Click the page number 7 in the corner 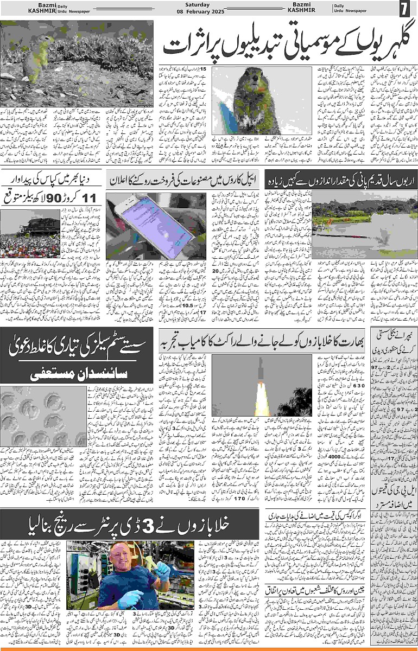tap(404, 9)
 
